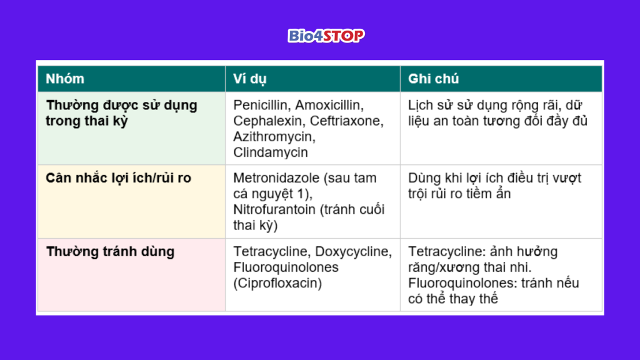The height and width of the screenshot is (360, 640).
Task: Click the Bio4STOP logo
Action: point(326,36)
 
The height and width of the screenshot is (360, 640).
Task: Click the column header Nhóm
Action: point(65,79)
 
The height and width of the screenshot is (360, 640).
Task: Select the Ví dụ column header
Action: point(249,79)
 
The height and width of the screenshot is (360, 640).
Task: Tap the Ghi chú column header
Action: point(434,79)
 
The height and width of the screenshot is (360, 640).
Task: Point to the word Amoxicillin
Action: point(329,105)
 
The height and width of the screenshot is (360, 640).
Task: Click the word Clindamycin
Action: point(270,152)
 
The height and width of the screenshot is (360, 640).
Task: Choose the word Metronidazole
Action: point(277,178)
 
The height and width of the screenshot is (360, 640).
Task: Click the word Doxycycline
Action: point(354,251)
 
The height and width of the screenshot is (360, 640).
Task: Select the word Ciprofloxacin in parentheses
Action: point(277,283)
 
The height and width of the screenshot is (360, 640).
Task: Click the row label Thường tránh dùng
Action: point(110,251)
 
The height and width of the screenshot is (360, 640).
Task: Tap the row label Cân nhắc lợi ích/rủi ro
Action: point(118,178)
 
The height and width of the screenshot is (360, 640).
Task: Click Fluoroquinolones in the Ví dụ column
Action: point(286,267)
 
